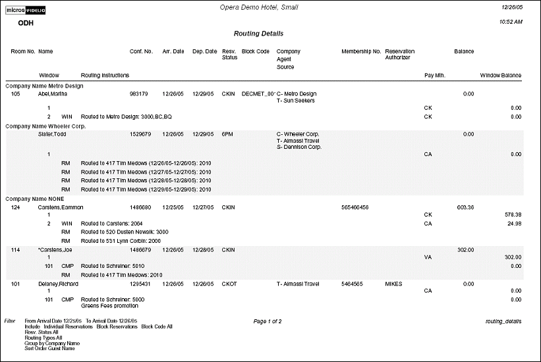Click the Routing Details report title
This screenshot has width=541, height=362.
pyautogui.click(x=258, y=34)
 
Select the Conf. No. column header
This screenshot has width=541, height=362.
pyautogui.click(x=141, y=51)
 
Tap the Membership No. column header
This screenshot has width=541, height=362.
pyautogui.click(x=361, y=51)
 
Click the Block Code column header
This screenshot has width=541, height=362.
pyautogui.click(x=256, y=51)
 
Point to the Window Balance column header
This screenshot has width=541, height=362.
pyautogui.click(x=501, y=76)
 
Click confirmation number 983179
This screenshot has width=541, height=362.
pyautogui.click(x=139, y=94)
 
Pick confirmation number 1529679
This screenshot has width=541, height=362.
pyautogui.click(x=141, y=134)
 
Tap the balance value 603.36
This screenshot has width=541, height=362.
pyautogui.click(x=465, y=207)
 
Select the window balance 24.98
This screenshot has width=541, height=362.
pyautogui.click(x=511, y=224)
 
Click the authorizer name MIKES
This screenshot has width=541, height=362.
pyautogui.click(x=394, y=284)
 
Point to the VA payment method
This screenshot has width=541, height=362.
pyautogui.click(x=428, y=258)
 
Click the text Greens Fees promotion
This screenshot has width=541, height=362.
pyautogui.click(x=108, y=305)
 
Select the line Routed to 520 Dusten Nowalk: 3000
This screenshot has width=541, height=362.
pyautogui.click(x=125, y=232)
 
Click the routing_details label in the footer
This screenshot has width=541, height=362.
pyautogui.click(x=503, y=321)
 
